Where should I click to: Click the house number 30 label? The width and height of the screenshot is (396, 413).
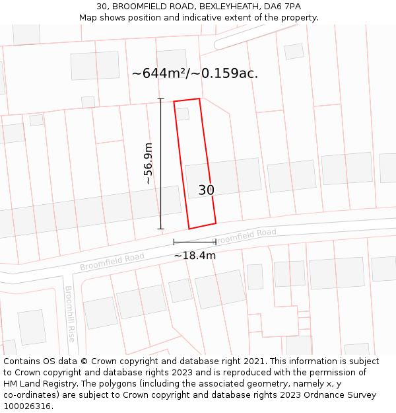(x=207, y=190)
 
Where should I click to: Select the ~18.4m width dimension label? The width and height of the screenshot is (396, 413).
(x=195, y=255)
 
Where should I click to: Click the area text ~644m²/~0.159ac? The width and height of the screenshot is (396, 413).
(x=195, y=73)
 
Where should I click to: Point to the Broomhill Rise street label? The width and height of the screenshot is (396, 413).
(x=70, y=314)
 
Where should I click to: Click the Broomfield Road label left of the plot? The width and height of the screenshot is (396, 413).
(x=112, y=262)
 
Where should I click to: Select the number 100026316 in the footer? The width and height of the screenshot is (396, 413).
(x=27, y=406)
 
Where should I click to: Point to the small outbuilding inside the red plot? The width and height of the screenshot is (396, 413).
(x=182, y=114)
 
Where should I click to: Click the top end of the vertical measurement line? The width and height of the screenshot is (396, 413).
(x=160, y=99)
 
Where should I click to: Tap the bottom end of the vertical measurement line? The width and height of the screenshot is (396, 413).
(x=160, y=229)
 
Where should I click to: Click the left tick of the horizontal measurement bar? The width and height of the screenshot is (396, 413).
(x=174, y=243)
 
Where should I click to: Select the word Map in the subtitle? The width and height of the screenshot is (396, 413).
(x=88, y=18)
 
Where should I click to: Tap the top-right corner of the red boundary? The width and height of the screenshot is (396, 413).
(x=199, y=99)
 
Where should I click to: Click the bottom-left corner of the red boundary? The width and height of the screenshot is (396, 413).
(x=189, y=229)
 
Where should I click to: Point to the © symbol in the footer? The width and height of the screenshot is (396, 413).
(x=84, y=361)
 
